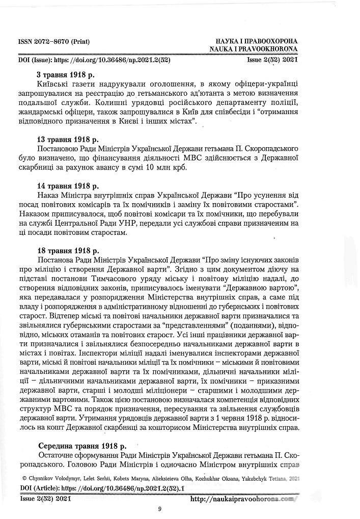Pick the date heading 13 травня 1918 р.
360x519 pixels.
pos(68,139)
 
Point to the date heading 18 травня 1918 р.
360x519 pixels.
pos(68,251)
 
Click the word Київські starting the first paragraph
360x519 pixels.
pos(55,84)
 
